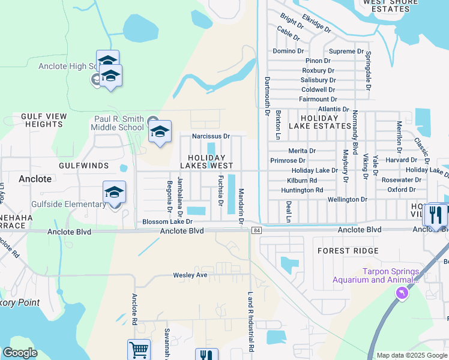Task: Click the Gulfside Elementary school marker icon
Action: pos(114,192)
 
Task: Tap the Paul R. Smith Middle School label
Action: pos(118,123)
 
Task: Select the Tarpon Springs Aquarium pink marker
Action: pos(401,293)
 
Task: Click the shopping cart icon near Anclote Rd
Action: pos(138,350)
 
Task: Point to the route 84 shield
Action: pos(257,230)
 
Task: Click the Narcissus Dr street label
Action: pos(211,136)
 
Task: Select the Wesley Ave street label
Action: pos(190,275)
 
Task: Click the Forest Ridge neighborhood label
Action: pos(348,251)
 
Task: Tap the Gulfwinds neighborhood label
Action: pos(83,165)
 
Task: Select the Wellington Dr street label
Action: pos(347,199)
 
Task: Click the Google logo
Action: pos(20,353)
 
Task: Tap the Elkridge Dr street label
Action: pos(316,23)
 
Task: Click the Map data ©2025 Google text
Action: pos(411,355)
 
